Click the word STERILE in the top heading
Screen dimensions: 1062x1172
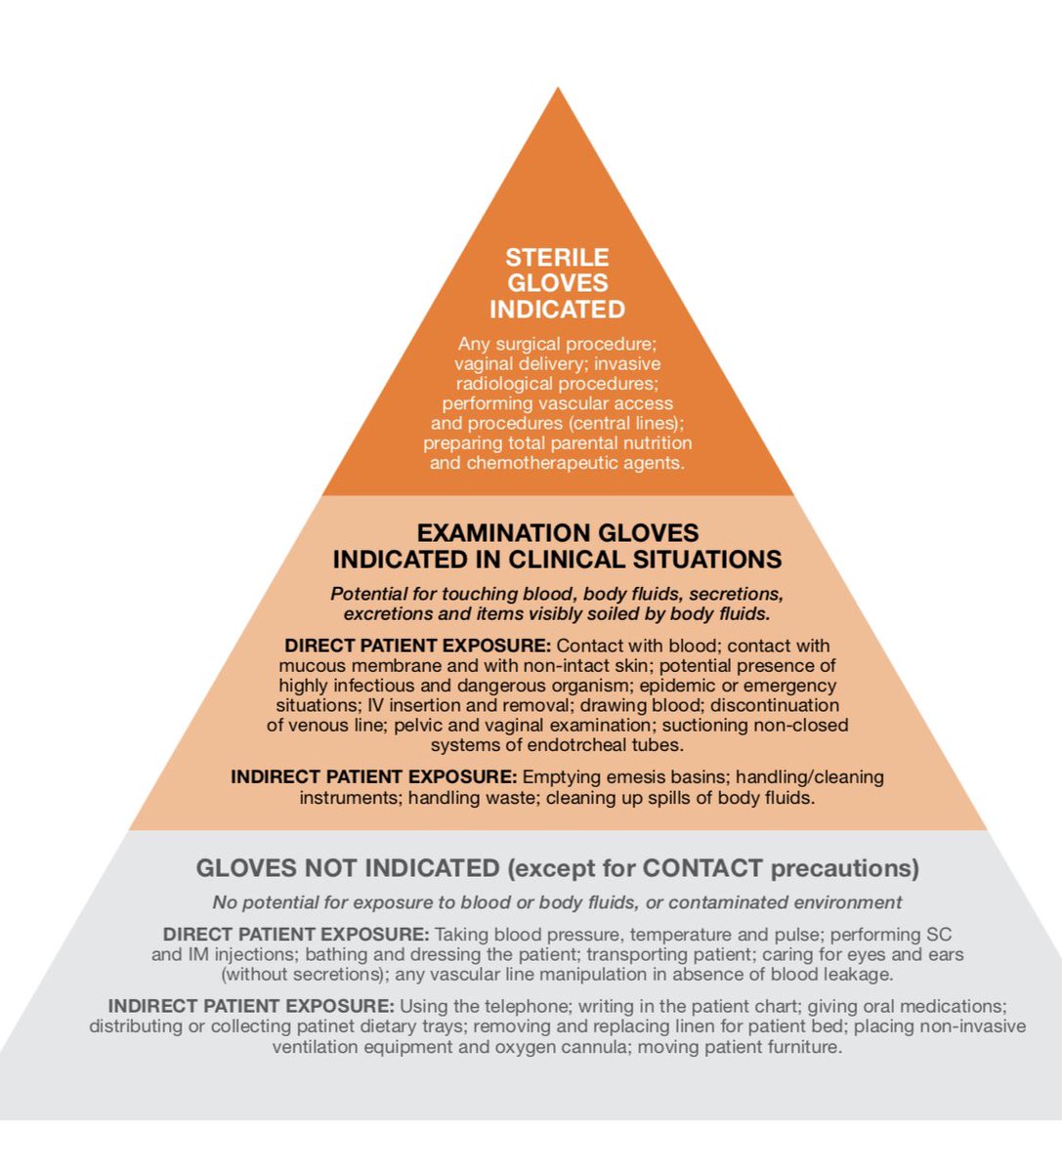557,258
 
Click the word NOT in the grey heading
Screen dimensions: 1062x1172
332,868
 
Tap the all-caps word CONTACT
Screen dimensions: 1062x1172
702,868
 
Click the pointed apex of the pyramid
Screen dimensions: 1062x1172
558,88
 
